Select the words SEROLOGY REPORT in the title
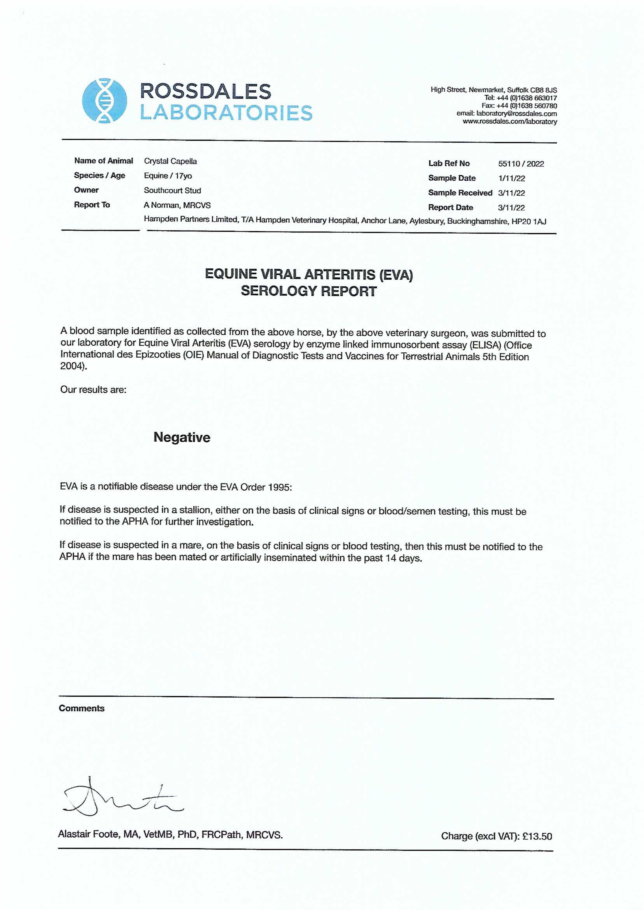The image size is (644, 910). (x=308, y=291)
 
